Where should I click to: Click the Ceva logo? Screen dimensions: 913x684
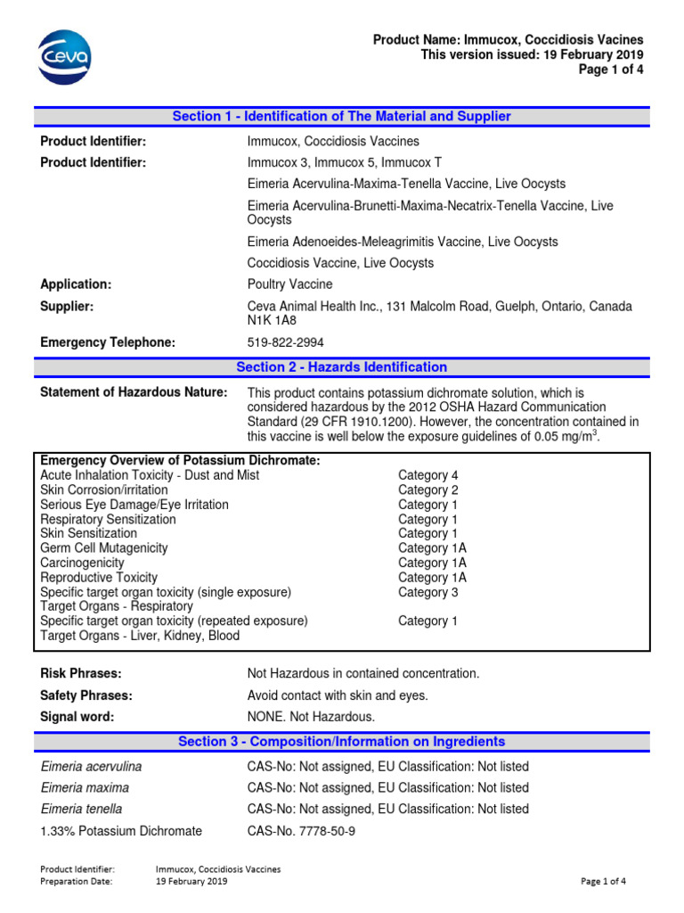(x=63, y=55)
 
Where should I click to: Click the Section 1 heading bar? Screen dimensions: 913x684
(x=341, y=117)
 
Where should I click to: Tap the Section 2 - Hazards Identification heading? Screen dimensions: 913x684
(x=341, y=367)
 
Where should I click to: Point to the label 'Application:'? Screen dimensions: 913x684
(x=76, y=284)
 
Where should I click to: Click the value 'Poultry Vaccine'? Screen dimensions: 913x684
(x=289, y=284)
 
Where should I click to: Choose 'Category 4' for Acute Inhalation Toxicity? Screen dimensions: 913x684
(x=427, y=475)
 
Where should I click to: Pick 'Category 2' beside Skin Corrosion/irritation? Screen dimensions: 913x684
(x=427, y=490)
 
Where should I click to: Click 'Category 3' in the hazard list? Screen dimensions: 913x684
(x=427, y=592)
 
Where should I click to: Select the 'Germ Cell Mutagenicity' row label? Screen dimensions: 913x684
(x=103, y=548)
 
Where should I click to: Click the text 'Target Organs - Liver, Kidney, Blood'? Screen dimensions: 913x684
(x=140, y=636)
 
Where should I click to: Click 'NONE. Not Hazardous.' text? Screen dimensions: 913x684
(x=311, y=717)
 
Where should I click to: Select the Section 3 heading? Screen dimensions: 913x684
(x=341, y=742)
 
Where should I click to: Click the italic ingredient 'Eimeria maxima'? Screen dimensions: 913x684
(x=85, y=788)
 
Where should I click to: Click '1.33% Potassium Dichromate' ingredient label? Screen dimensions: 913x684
(x=121, y=831)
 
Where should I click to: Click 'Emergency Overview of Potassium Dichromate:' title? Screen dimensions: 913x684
(x=180, y=460)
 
